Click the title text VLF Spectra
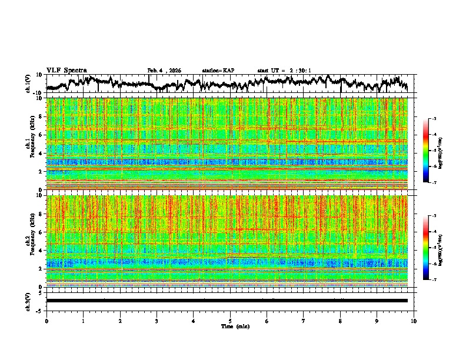(66, 70)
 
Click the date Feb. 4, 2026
(164, 71)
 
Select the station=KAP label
(218, 71)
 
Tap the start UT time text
(284, 71)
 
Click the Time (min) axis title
(235, 326)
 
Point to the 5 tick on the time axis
(230, 321)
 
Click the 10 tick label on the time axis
(414, 321)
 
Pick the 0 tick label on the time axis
(46, 321)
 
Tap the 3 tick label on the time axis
(157, 321)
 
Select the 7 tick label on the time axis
(304, 321)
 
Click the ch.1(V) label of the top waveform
(28, 84)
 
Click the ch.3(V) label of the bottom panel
(28, 301)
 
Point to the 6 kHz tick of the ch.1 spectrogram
(41, 135)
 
